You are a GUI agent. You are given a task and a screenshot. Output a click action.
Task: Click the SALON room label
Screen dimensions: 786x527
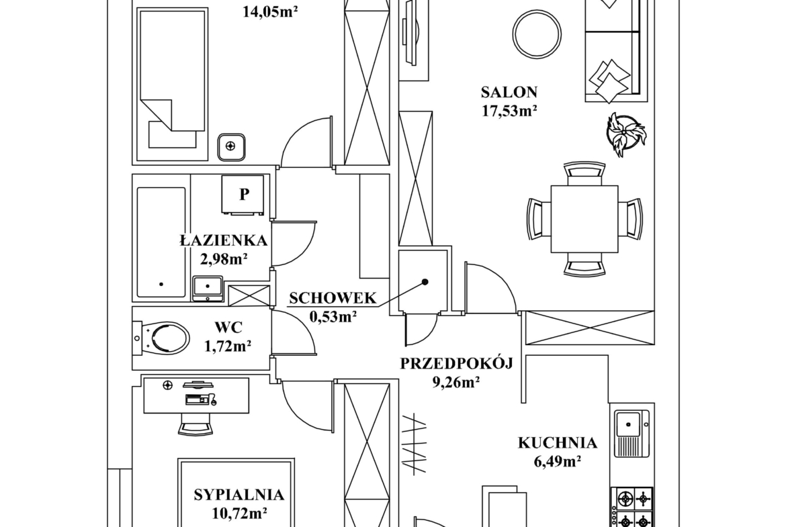coord(509,92)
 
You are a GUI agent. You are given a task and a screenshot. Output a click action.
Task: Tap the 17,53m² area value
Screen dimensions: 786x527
coord(509,110)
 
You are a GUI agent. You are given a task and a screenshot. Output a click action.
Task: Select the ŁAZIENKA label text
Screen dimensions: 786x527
coord(224,240)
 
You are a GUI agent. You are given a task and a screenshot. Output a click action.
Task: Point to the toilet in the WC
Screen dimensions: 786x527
coord(161,338)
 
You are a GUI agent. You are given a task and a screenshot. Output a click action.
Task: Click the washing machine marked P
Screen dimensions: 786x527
coord(243,195)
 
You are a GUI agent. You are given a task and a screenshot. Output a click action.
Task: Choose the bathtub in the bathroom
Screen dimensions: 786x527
coord(161,242)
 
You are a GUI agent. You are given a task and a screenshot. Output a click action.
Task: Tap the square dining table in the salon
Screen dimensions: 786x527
coord(584,219)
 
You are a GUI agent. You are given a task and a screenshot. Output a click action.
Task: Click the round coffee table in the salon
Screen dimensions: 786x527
coord(536,34)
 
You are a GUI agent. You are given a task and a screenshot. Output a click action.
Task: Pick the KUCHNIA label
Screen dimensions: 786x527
coord(558,443)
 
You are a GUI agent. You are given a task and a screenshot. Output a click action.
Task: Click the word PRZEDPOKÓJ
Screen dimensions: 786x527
coord(456,363)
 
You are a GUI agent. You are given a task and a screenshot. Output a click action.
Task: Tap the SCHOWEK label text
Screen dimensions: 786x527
coord(333,298)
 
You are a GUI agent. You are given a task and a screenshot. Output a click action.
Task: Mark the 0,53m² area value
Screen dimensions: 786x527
coord(333,317)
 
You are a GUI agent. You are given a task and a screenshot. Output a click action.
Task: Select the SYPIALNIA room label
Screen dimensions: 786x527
coord(239,495)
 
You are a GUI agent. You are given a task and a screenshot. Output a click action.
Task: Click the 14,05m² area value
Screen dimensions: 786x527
coord(270,11)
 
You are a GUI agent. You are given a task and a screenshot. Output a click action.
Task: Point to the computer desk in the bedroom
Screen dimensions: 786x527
coord(196,395)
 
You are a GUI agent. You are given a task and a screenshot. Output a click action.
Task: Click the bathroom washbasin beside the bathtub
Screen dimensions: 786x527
coord(208,289)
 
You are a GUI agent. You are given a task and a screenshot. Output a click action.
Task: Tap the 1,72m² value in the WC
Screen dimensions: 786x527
coord(228,346)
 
